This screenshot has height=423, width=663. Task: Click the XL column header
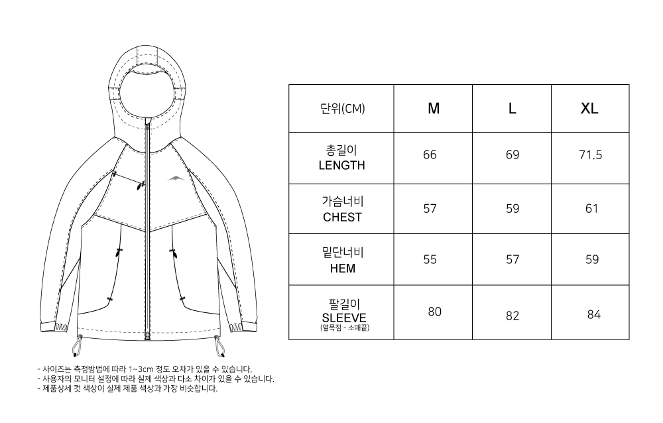(589, 109)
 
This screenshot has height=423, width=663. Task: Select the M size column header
(434, 109)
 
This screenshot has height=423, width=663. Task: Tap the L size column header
(512, 109)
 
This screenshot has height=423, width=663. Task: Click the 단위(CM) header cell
(342, 109)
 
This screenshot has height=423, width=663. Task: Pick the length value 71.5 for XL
(589, 155)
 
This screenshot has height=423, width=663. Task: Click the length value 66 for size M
(430, 155)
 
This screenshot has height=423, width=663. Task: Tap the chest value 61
(591, 209)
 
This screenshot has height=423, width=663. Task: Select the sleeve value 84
(593, 314)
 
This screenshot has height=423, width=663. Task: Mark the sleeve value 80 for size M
(434, 312)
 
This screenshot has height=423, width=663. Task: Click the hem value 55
(430, 260)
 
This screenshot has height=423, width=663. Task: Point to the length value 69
(512, 155)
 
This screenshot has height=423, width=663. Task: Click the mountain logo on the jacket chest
(173, 178)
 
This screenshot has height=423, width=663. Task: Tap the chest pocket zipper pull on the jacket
(140, 186)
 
